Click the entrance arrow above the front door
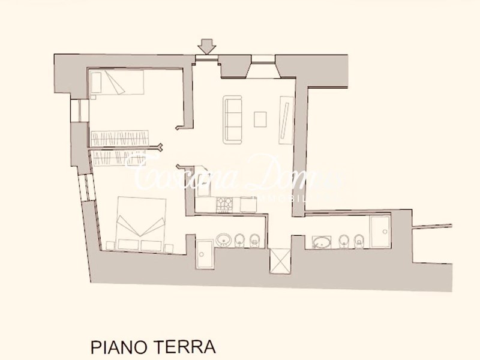click(x=207, y=46)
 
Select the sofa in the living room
click(x=232, y=119)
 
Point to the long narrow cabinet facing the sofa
click(x=286, y=120)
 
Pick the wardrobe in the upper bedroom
click(x=119, y=138)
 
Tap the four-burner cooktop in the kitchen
click(x=225, y=204)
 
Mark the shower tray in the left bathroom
click(x=204, y=253)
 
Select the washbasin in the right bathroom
click(x=322, y=242)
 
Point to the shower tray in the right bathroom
click(x=379, y=232)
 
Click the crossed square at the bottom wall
click(x=280, y=262)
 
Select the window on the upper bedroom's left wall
click(x=76, y=110)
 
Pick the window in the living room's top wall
click(x=262, y=59)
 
